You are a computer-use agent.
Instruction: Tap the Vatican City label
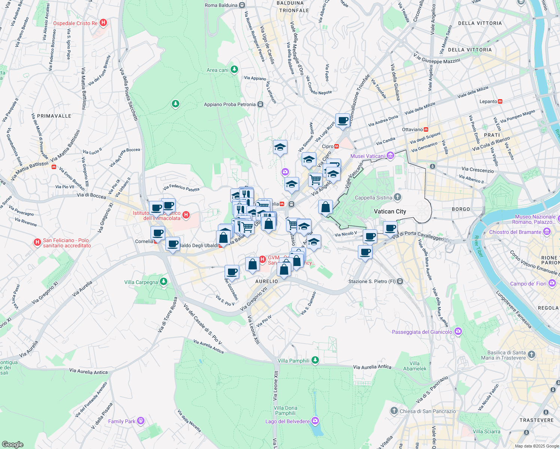click(390, 211)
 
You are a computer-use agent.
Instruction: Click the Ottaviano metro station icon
click(426, 129)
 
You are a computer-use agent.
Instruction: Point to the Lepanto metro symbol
click(500, 101)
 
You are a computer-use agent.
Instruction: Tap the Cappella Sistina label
click(373, 198)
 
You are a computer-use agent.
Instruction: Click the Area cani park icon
click(234, 70)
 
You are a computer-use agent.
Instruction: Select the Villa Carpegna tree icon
click(163, 282)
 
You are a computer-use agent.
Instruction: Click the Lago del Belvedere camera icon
click(315, 421)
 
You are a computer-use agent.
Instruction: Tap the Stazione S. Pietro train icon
click(400, 281)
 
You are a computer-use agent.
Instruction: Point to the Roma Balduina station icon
click(242, 5)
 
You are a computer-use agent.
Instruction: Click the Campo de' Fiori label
click(528, 284)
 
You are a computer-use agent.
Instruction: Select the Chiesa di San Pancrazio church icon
click(394, 411)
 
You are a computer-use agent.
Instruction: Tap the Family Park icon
click(141, 421)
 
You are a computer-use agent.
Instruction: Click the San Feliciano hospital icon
click(37, 242)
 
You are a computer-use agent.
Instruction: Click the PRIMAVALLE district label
click(54, 116)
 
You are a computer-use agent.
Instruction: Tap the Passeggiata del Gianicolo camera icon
click(458, 332)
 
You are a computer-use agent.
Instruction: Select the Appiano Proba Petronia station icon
click(261, 104)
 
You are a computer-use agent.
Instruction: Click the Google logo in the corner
click(12, 444)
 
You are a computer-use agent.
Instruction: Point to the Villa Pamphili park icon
click(315, 360)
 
